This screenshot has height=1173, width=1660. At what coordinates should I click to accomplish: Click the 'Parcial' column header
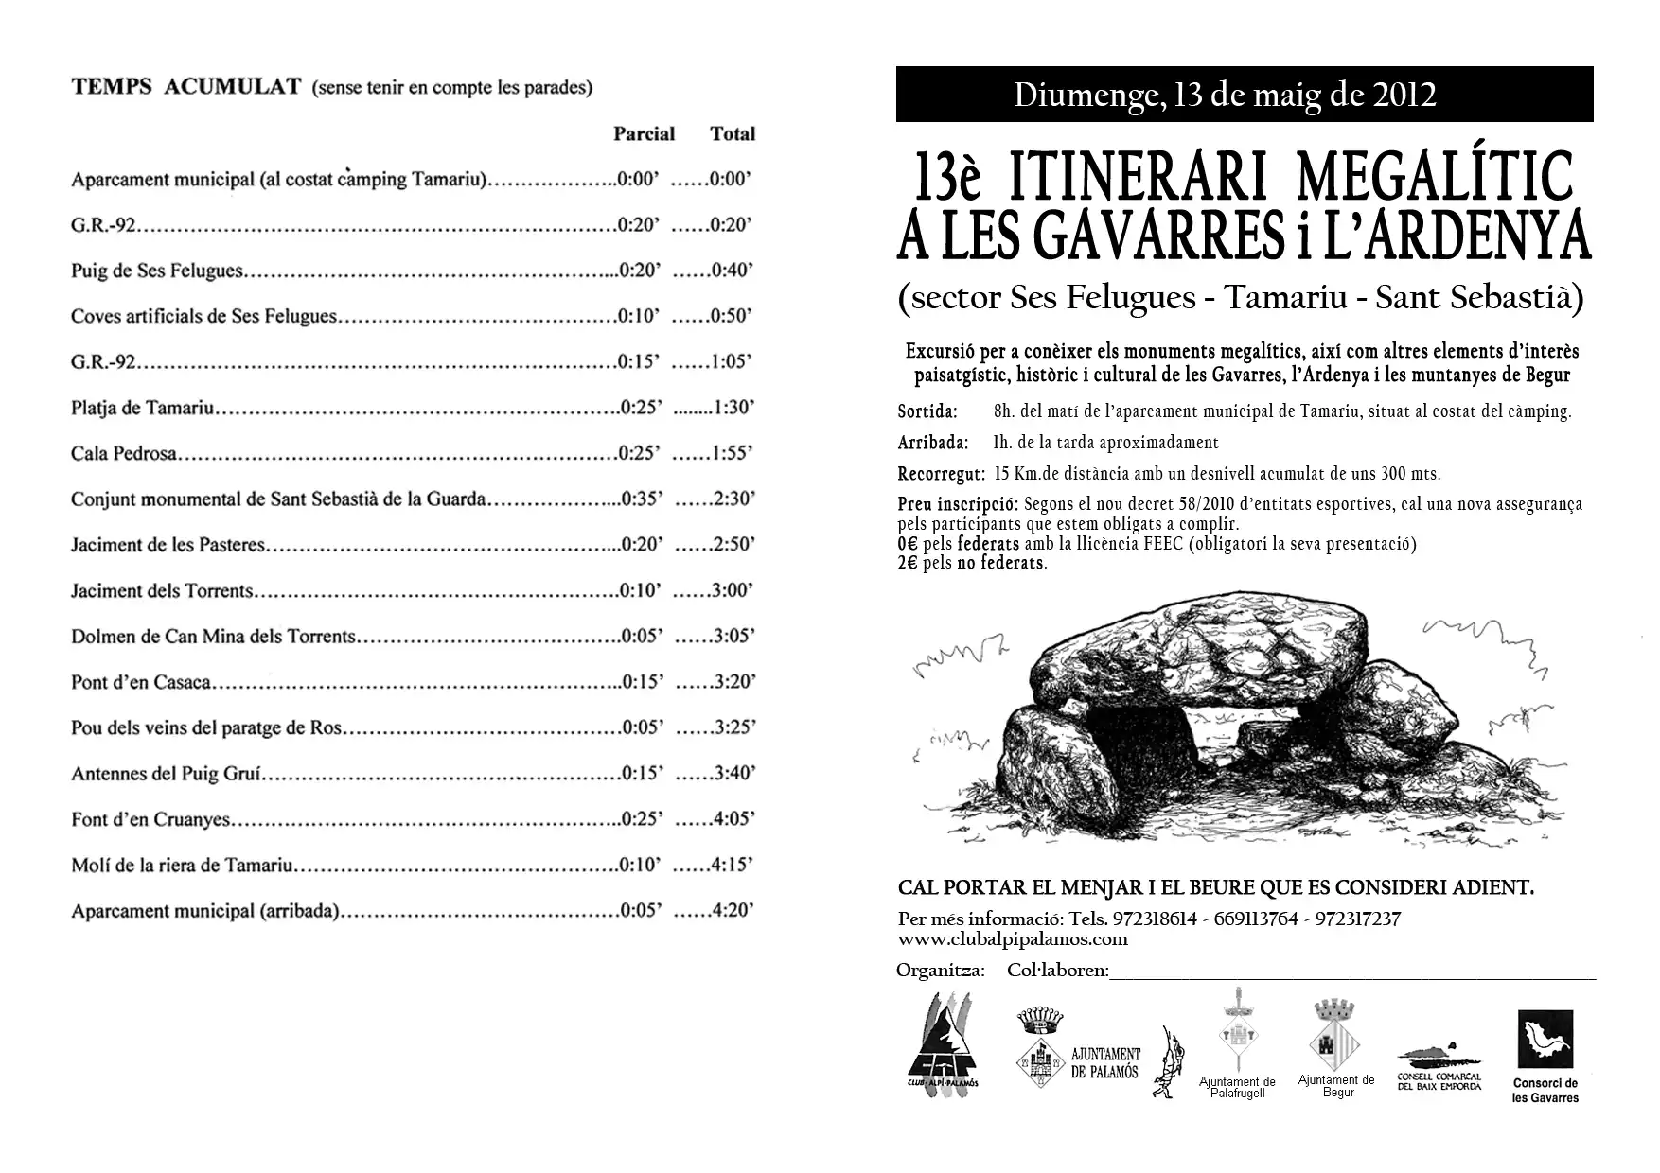tap(644, 133)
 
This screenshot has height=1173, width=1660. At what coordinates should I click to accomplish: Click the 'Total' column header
tap(733, 133)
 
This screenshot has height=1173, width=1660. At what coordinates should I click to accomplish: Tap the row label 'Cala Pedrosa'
tap(124, 453)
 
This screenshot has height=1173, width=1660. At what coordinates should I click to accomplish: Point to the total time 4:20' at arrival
tap(733, 910)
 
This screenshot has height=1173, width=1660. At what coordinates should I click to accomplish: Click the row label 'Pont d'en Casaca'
tap(141, 682)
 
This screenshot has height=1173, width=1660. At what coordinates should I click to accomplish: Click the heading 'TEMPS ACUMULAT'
tap(185, 87)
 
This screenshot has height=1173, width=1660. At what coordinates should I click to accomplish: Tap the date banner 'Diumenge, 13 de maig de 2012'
tap(1225, 95)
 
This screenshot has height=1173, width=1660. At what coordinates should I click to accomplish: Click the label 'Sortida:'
tap(927, 411)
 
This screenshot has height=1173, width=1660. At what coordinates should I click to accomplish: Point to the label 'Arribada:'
tap(932, 443)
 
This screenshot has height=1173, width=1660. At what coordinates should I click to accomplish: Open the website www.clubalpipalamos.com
tap(1013, 939)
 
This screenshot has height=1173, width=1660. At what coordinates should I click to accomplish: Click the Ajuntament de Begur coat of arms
tap(1335, 1031)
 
